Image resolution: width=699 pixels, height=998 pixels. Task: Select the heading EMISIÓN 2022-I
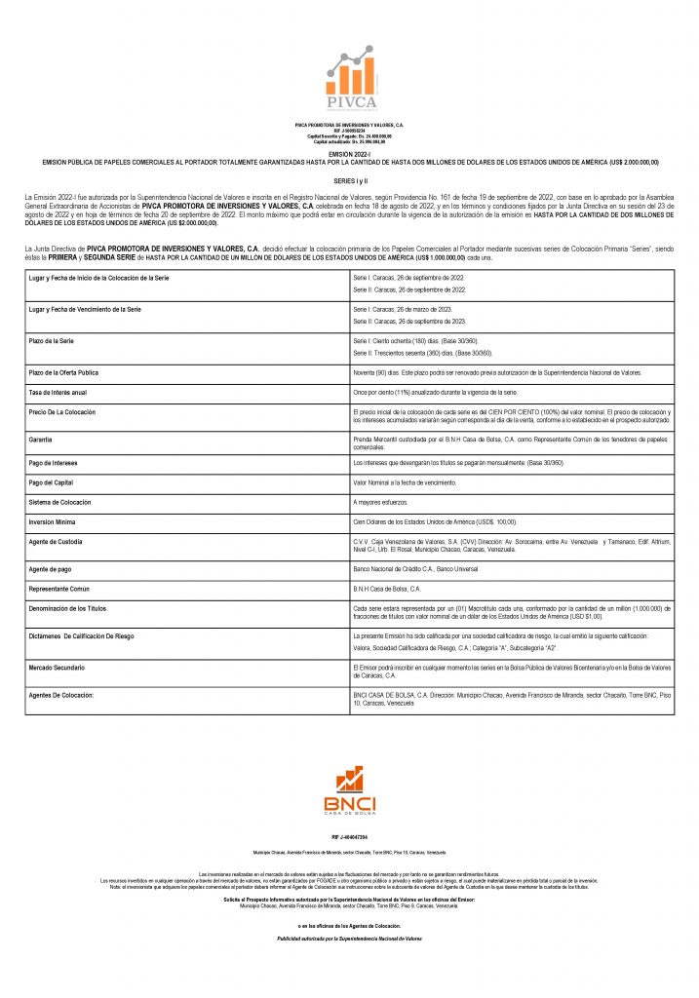349,155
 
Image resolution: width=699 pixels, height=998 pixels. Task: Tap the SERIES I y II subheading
349,181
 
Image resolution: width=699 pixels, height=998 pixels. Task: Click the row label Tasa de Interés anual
58,392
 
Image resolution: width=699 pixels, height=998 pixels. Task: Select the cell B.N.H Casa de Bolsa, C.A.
387,589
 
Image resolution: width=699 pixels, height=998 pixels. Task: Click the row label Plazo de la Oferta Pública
64,373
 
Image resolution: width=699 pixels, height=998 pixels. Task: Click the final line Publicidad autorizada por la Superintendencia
349,938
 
